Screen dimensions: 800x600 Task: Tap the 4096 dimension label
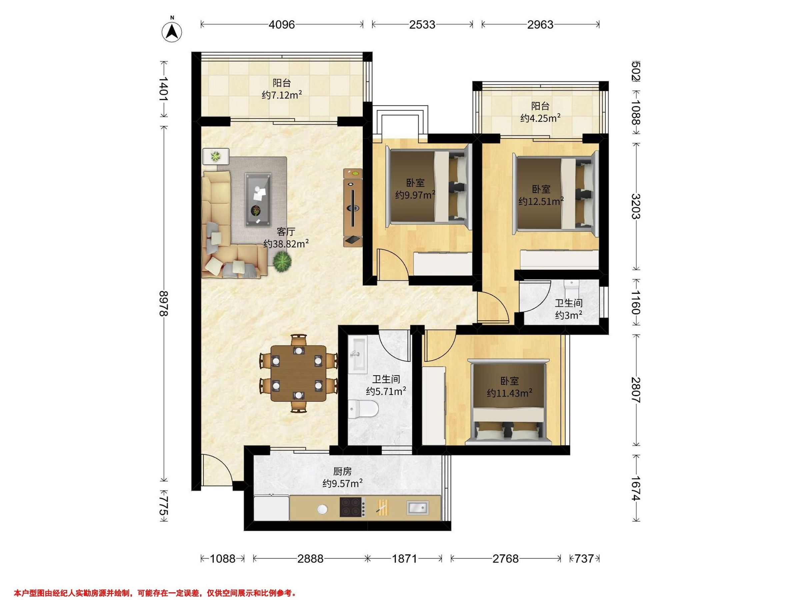[282, 25]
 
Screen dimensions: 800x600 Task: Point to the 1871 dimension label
[405, 559]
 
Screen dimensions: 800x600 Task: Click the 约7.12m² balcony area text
[282, 95]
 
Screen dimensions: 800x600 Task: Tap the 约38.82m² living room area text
[286, 243]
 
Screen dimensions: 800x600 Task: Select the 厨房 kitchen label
[342, 471]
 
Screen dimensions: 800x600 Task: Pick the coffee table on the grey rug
[258, 200]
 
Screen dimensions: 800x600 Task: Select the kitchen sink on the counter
[418, 507]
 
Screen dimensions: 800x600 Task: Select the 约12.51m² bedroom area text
[541, 201]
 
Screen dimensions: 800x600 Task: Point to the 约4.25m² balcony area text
[540, 118]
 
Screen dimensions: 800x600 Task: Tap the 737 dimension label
[584, 559]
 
